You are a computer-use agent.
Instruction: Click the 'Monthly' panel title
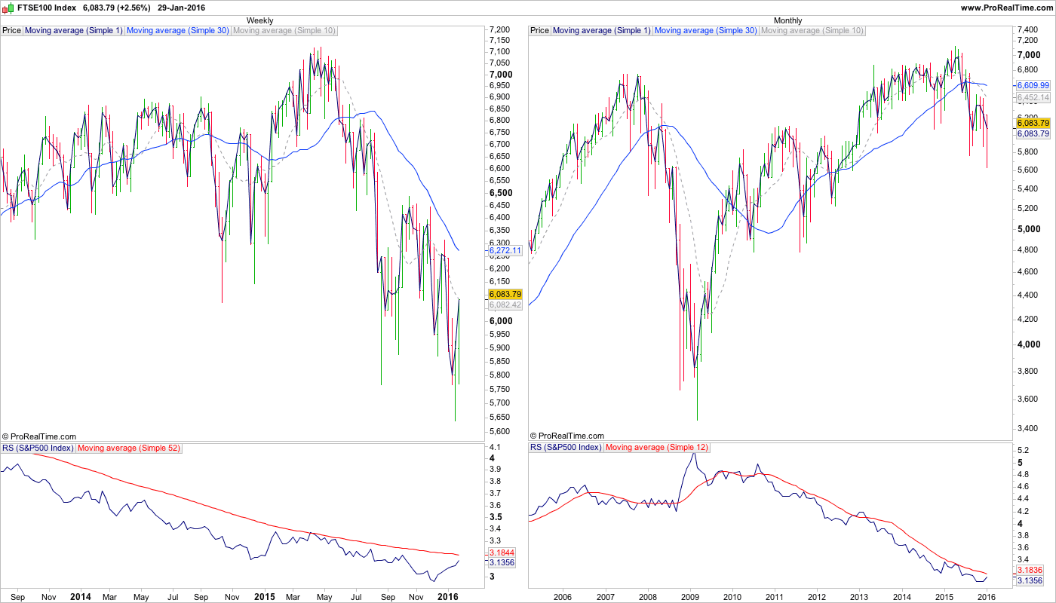click(x=788, y=20)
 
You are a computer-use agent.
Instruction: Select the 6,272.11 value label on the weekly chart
click(x=505, y=250)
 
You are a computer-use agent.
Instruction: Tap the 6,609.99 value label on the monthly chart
click(x=1033, y=86)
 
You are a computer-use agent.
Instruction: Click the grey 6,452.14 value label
click(x=1033, y=98)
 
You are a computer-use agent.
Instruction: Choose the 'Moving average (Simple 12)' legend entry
click(x=656, y=448)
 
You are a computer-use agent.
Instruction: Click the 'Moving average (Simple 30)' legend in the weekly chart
click(x=178, y=31)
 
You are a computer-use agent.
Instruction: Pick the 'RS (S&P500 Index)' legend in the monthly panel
click(x=566, y=448)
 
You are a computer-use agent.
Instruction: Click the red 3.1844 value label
click(x=502, y=552)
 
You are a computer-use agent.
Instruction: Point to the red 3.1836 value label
click(x=1030, y=570)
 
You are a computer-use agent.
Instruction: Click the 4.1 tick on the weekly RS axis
click(x=496, y=446)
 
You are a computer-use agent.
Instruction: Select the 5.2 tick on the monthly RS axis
click(x=1024, y=450)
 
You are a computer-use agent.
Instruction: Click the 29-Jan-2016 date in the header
click(x=181, y=8)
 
